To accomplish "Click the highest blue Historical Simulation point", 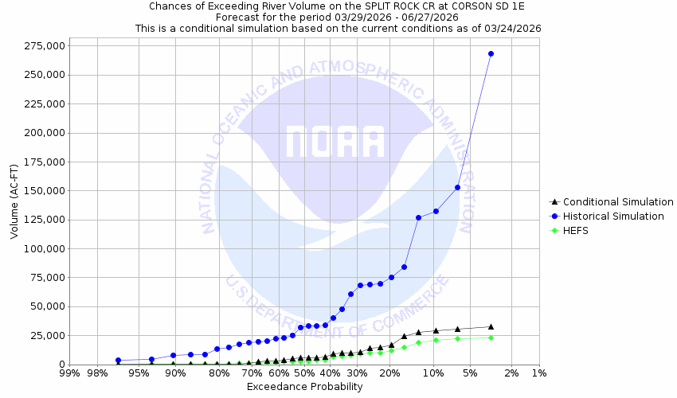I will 491,53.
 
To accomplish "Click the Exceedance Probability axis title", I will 304,387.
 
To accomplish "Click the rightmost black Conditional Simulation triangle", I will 491,326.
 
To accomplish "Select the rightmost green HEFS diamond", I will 491,338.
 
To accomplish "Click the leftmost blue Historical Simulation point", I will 118,361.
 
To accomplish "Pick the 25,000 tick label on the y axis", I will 44,336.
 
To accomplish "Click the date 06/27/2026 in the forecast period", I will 436,17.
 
